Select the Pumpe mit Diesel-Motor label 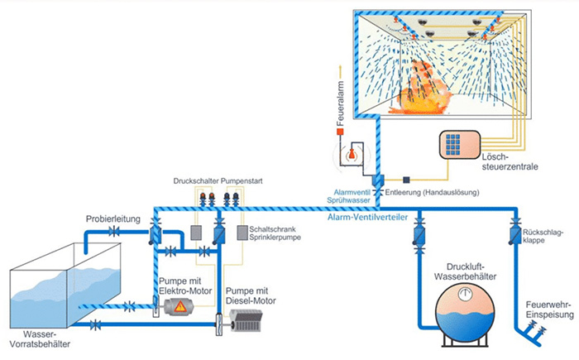click(248, 294)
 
